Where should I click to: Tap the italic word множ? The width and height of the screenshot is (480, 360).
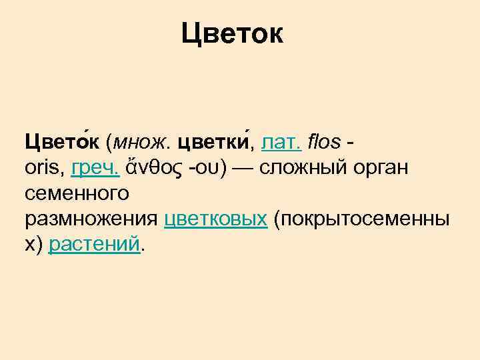pyautogui.click(x=142, y=142)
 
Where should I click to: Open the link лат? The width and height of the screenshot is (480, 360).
pyautogui.click(x=283, y=142)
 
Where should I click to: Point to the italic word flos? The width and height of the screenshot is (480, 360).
pyautogui.click(x=325, y=142)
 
